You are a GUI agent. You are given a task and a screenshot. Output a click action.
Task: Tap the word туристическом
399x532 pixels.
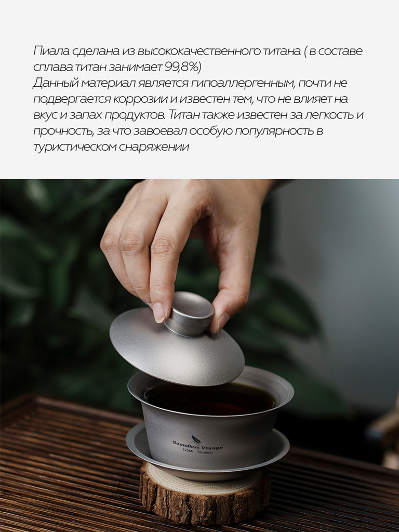pyautogui.click(x=75, y=147)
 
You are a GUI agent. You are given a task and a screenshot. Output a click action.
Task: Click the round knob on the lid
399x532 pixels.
pyautogui.click(x=189, y=313)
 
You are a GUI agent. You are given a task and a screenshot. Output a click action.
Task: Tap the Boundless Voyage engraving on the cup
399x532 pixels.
pyautogui.click(x=197, y=445)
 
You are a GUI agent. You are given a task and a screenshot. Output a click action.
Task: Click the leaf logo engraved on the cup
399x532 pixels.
pyautogui.click(x=196, y=439)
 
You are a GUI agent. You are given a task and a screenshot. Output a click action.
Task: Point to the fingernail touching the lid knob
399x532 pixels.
pyautogui.click(x=159, y=312)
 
